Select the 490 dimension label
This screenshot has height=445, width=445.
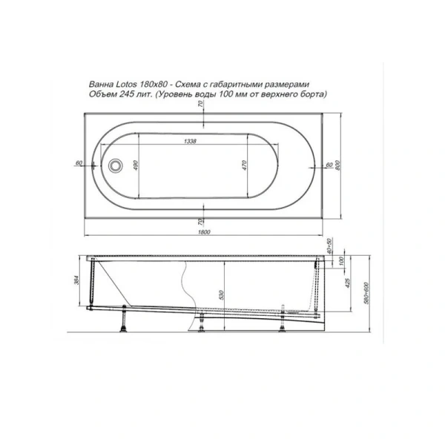pyautogui.click(x=135, y=166)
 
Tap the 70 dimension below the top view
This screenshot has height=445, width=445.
pyautogui.click(x=200, y=221)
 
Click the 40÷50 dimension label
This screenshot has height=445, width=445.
pyautogui.click(x=328, y=245)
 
